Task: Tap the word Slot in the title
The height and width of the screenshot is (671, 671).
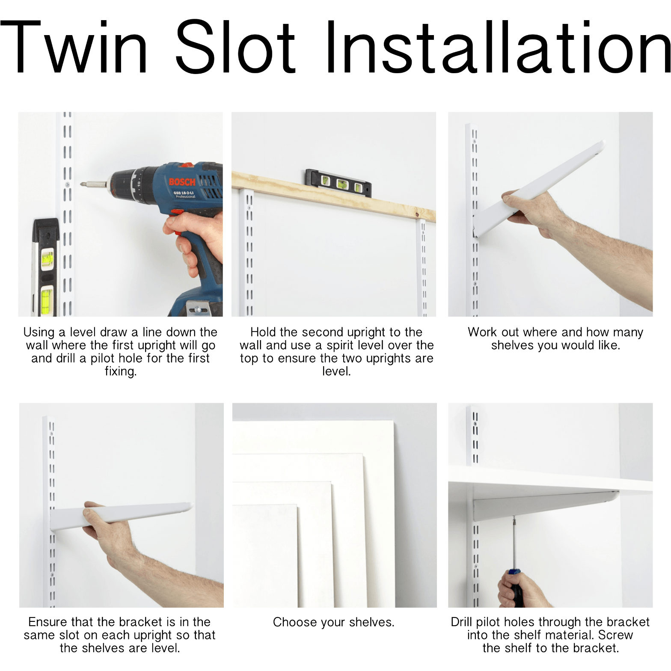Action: point(235,47)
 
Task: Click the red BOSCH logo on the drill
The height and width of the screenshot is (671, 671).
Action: point(182,182)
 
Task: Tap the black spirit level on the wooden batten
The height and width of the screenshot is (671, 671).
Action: point(338,183)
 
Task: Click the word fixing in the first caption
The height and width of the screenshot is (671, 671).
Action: point(121,371)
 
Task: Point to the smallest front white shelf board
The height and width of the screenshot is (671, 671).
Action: point(265,556)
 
